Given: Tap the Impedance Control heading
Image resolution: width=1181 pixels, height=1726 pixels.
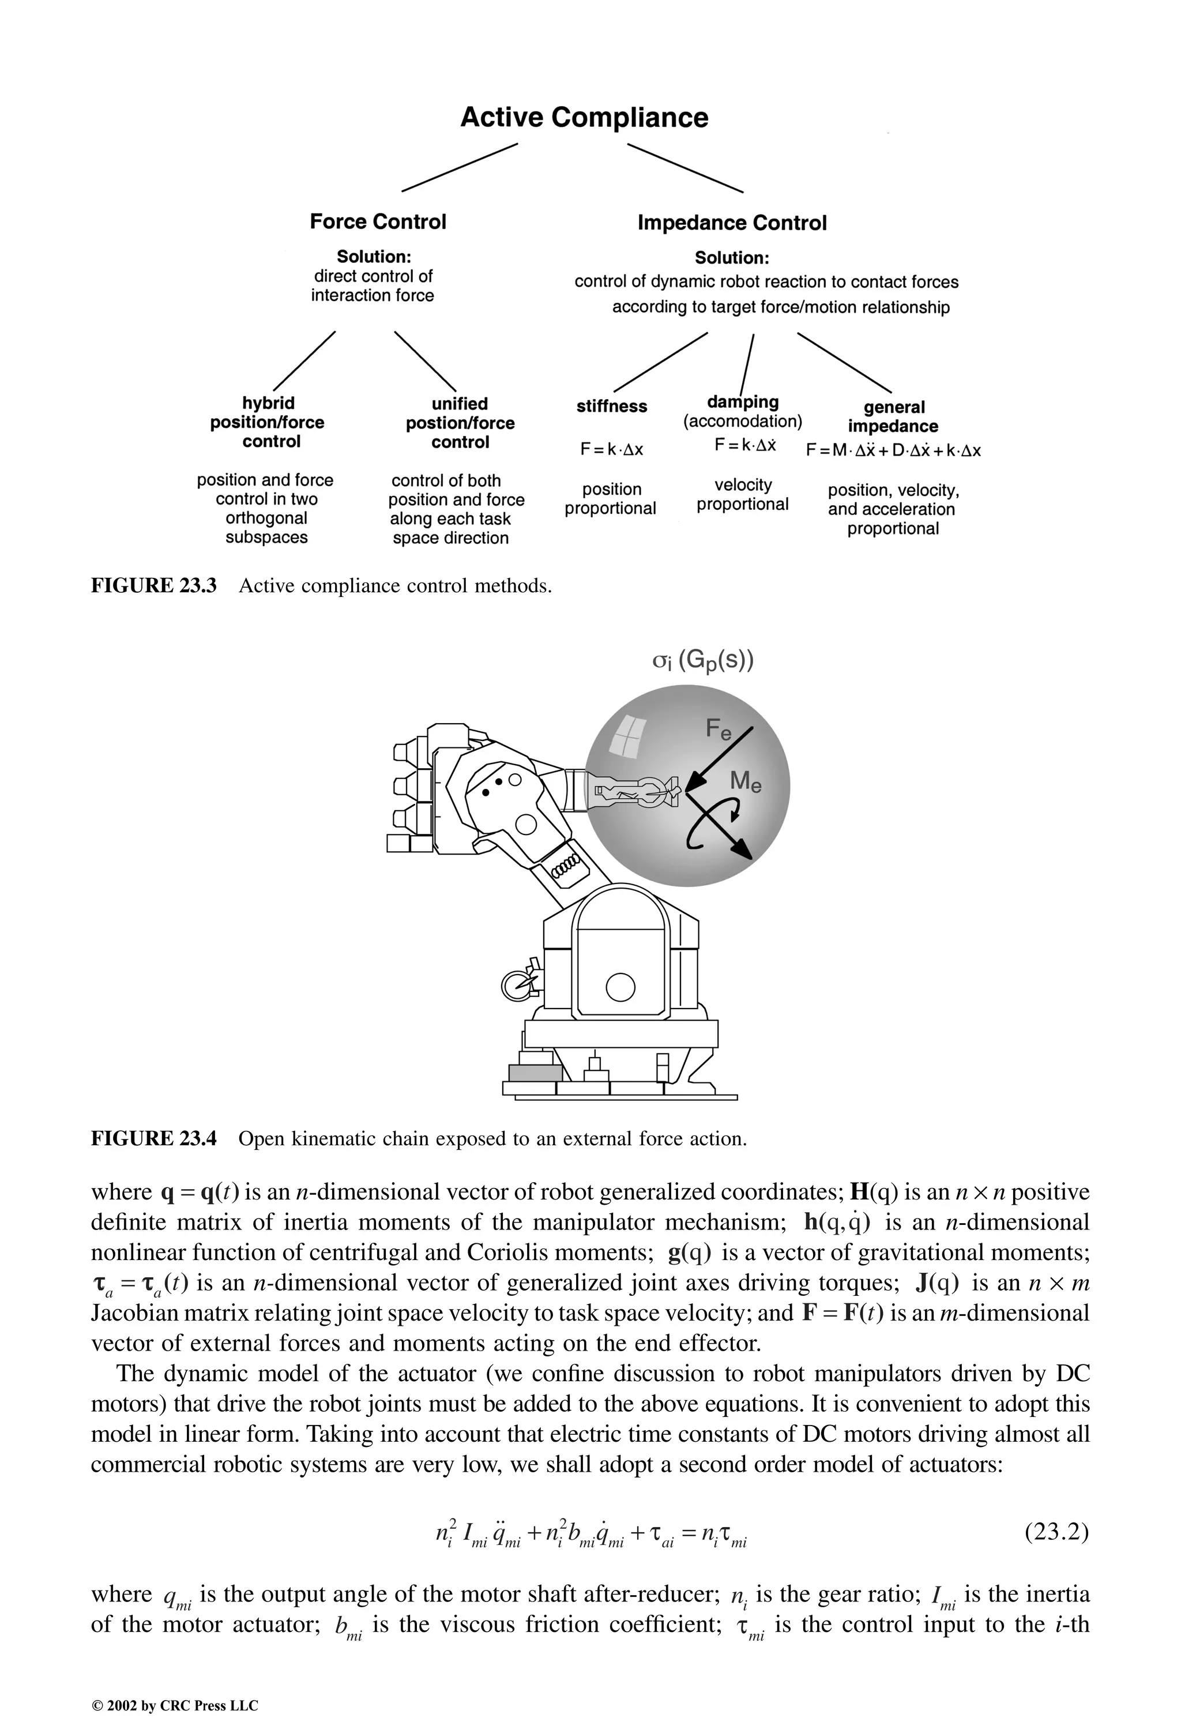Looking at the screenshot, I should [x=732, y=223].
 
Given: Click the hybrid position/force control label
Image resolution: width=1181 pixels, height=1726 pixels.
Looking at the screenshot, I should [x=268, y=422].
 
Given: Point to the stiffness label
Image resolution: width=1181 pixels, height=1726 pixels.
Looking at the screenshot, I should [x=611, y=406].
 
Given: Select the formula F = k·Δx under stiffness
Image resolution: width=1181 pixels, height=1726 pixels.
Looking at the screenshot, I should [x=611, y=449].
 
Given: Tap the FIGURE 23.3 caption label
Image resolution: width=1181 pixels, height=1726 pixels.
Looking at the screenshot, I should [x=154, y=586].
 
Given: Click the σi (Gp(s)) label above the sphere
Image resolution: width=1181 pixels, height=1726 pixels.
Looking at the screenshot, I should [x=702, y=660].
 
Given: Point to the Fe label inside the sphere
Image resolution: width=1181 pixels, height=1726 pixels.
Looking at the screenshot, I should [x=717, y=729].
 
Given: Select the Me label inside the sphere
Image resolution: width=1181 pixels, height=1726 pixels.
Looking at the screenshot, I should [x=745, y=781].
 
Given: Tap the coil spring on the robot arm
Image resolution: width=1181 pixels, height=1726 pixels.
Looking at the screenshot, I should [x=567, y=865].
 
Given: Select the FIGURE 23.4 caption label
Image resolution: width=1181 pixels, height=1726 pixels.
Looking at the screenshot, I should [x=154, y=1138].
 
